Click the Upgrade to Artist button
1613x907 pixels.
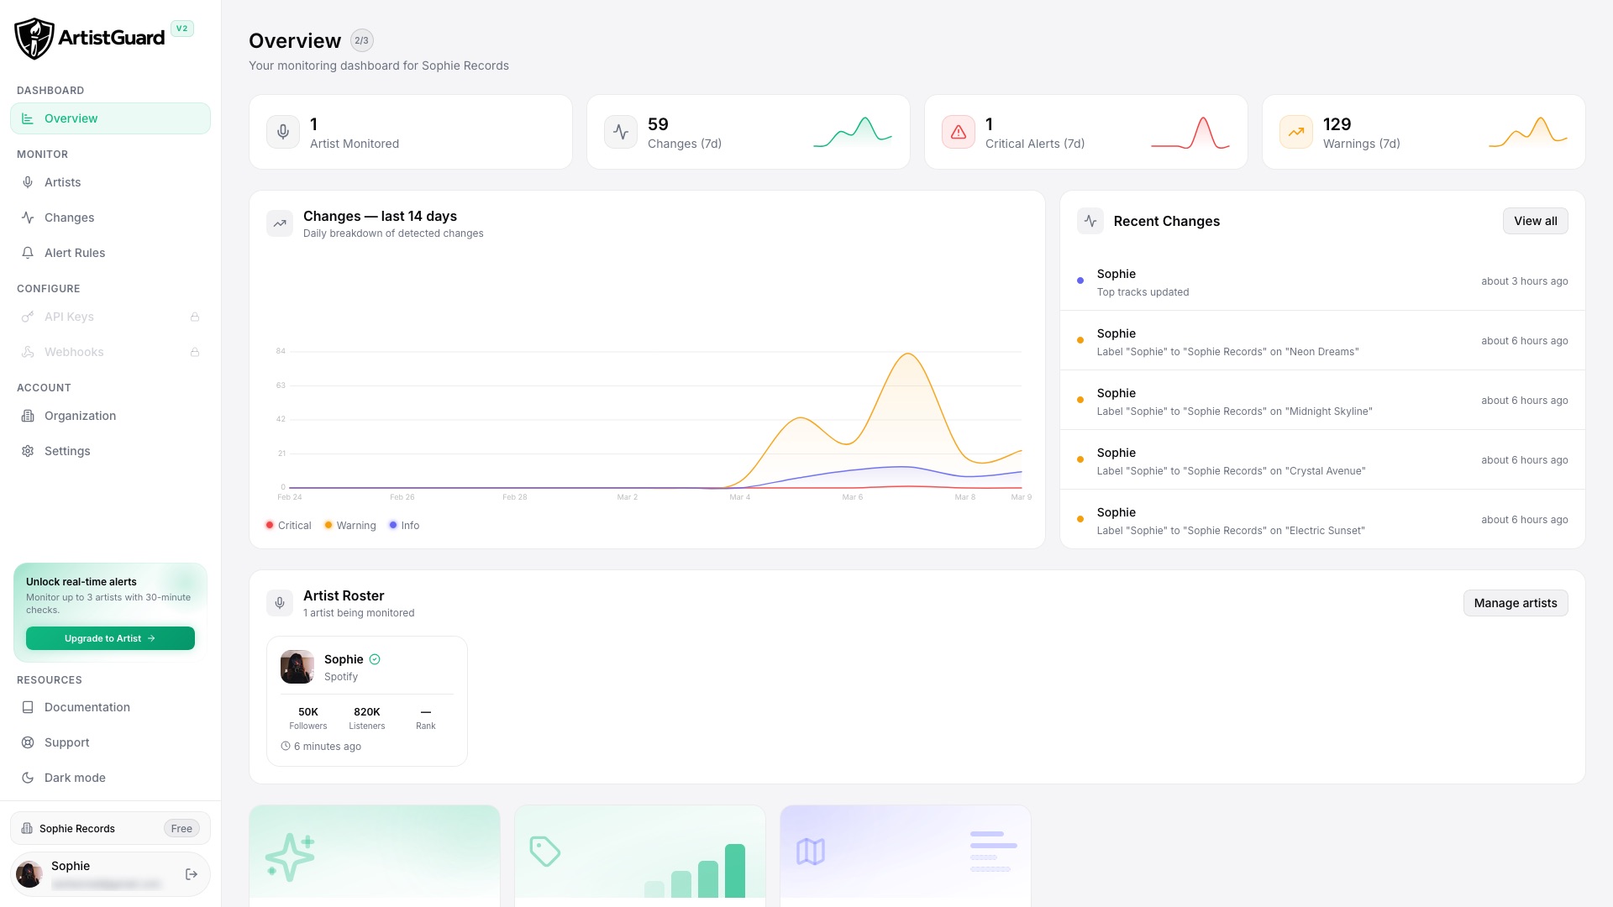(110, 638)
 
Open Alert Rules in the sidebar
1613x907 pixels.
(75, 253)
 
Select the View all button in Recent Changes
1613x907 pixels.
(1535, 221)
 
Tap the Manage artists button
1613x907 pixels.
(1515, 603)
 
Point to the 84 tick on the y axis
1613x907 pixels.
(281, 351)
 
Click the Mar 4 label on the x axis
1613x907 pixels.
(739, 497)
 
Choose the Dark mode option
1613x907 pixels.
(75, 778)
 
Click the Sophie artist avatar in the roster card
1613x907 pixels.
(297, 667)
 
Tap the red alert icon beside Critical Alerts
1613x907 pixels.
(959, 132)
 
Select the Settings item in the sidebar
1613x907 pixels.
(67, 451)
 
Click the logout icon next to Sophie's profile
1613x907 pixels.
(192, 874)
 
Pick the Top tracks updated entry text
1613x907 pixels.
(1143, 292)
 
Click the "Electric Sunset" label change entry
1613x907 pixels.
(1230, 531)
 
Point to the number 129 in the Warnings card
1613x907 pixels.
(1337, 124)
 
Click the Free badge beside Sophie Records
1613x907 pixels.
(181, 829)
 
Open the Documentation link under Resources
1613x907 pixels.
(87, 707)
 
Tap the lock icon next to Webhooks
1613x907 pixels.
(195, 352)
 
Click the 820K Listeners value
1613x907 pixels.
(367, 712)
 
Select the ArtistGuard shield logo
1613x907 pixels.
(34, 39)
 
